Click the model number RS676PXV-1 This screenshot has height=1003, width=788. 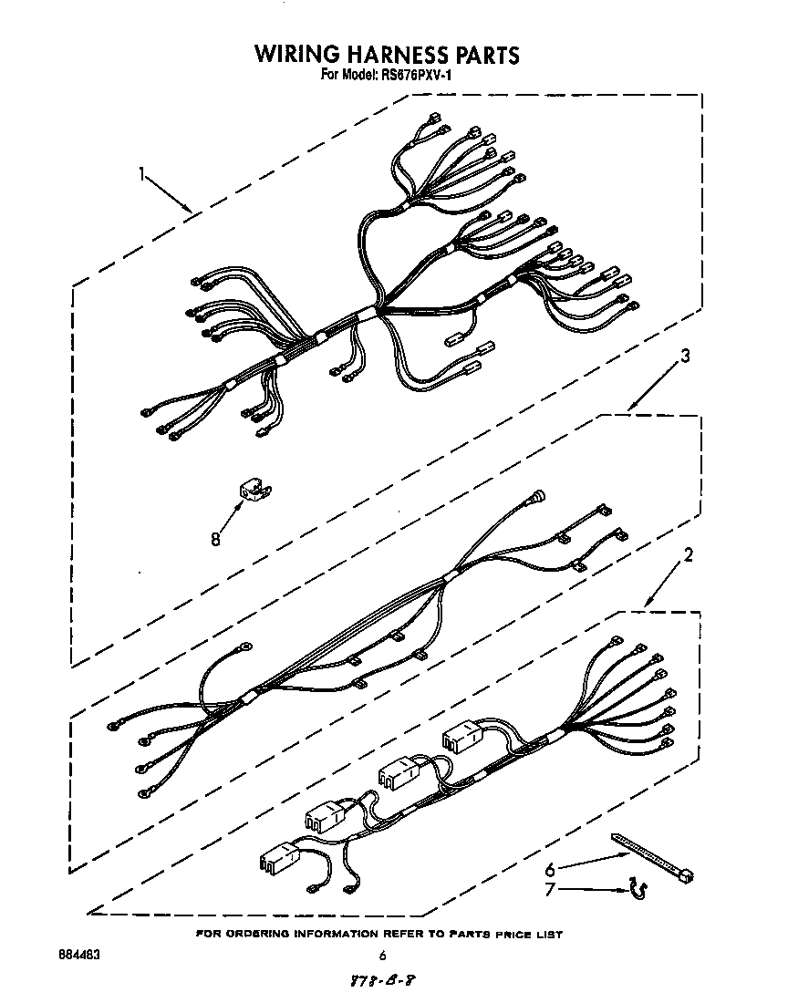coord(414,76)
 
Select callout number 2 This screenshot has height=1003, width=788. coord(689,554)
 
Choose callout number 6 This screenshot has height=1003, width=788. coord(550,869)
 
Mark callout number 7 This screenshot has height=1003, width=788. coord(550,889)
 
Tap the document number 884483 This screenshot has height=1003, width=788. coord(78,956)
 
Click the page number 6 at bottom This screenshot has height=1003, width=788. coord(383,956)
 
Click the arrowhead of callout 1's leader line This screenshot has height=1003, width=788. coord(189,211)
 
